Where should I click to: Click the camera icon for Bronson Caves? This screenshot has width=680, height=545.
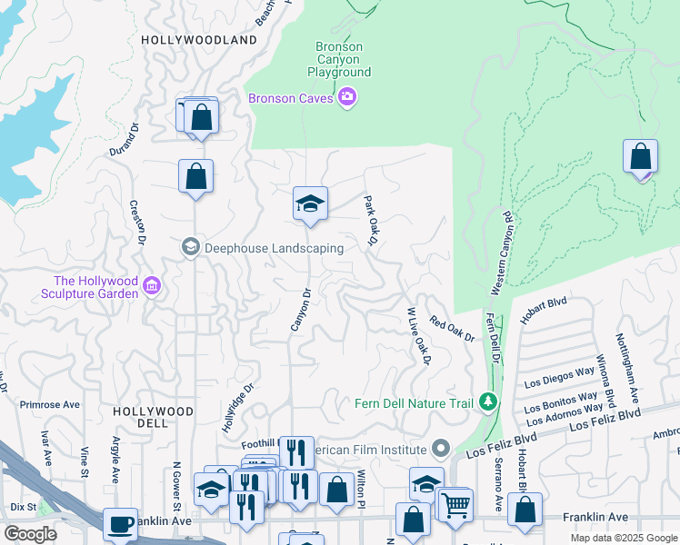(x=346, y=97)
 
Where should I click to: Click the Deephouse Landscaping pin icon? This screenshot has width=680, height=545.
(x=191, y=247)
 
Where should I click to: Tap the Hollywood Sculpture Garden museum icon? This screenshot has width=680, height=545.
(x=152, y=287)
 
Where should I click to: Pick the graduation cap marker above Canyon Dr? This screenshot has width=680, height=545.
(x=310, y=203)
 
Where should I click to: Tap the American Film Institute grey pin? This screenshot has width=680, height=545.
(x=442, y=449)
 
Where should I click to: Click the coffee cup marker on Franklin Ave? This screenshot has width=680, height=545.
(x=120, y=524)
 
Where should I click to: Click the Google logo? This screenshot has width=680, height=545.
(x=31, y=534)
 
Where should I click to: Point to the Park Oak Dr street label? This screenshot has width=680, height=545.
(x=371, y=220)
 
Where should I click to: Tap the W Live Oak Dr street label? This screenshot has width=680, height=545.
(x=418, y=336)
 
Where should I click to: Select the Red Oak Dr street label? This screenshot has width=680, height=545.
(x=453, y=328)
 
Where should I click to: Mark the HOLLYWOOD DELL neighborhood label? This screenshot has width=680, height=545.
(x=154, y=418)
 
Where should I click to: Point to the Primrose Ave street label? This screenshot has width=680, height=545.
(x=50, y=405)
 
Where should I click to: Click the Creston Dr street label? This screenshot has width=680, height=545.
(x=136, y=223)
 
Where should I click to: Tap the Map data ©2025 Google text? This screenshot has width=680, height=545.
(x=623, y=538)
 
